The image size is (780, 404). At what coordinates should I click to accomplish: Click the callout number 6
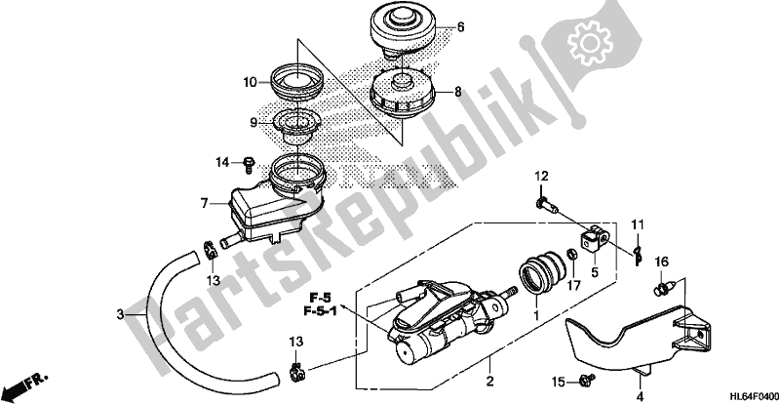pyautogui.click(x=461, y=26)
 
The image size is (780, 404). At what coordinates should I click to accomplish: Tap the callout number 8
pyautogui.click(x=456, y=93)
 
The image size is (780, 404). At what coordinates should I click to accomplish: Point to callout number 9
pyautogui.click(x=251, y=123)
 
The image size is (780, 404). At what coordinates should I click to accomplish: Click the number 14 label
pyautogui.click(x=222, y=161)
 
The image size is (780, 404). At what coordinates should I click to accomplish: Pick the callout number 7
pyautogui.click(x=205, y=203)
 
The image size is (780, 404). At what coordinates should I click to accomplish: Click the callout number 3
pyautogui.click(x=120, y=314)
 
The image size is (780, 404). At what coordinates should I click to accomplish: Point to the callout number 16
pyautogui.click(x=662, y=262)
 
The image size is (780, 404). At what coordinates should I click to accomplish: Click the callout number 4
pyautogui.click(x=640, y=395)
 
